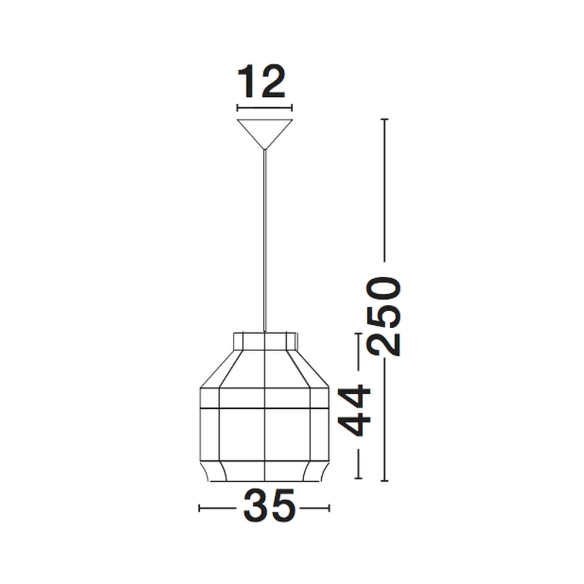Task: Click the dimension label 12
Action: (261, 82)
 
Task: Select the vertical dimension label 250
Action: (384, 316)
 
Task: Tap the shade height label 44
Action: (356, 411)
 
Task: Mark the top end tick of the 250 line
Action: (384, 119)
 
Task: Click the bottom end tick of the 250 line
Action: (384, 481)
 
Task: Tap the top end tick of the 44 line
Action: (358, 333)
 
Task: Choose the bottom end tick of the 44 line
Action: (358, 480)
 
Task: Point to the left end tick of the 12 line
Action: (237, 107)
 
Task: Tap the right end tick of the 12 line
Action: (291, 107)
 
